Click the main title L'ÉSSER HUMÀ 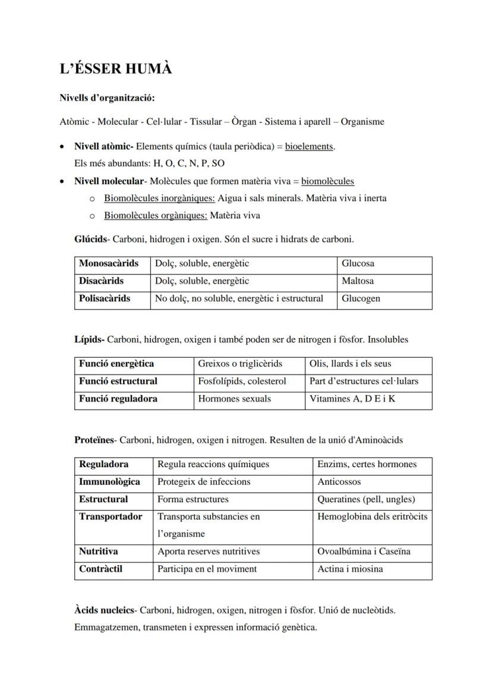(x=116, y=70)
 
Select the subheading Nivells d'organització (x=107, y=98)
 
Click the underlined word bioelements (x=309, y=146)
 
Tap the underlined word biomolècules (x=327, y=181)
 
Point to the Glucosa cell (x=358, y=263)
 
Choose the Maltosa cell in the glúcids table (x=358, y=281)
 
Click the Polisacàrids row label (x=105, y=298)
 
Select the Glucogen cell (x=361, y=298)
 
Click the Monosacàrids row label (x=109, y=263)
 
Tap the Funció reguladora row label (x=118, y=399)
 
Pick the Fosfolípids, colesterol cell (x=242, y=381)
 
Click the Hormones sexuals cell (x=234, y=399)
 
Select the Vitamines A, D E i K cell (x=352, y=399)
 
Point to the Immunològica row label (x=109, y=481)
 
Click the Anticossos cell (x=339, y=481)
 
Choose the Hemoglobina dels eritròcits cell (x=372, y=517)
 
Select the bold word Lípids (x=89, y=340)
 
